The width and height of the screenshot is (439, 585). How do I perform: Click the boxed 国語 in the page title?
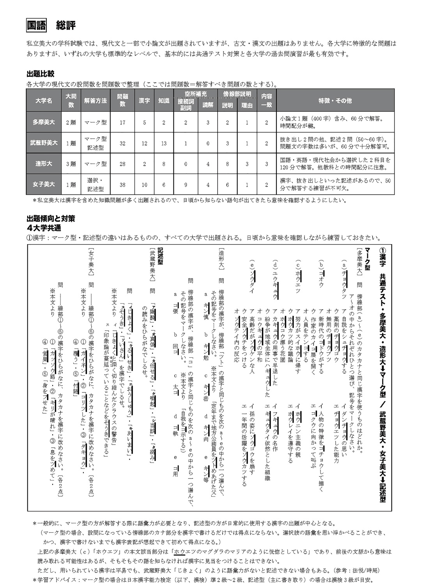(36, 25)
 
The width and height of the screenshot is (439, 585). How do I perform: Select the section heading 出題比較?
(41, 74)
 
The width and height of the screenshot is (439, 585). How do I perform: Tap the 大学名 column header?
(44, 101)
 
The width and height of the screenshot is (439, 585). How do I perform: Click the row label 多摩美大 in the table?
(44, 122)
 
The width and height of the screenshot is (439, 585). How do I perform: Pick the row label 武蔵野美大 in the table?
(44, 143)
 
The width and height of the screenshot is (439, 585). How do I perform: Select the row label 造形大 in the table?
(44, 164)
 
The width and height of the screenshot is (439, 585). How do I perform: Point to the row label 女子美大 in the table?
(44, 184)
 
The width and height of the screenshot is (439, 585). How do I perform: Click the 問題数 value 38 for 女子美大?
(122, 184)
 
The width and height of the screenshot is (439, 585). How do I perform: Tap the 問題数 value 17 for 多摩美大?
(122, 122)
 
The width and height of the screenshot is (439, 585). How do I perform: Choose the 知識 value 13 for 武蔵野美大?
(164, 143)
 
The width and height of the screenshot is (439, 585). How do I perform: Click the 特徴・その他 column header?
(335, 101)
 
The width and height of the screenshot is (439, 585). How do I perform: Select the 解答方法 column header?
(96, 101)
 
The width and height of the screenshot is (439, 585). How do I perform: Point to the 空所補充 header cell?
(196, 94)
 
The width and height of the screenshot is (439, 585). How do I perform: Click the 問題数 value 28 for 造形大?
(122, 164)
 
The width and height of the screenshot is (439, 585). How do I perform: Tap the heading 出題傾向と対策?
(51, 219)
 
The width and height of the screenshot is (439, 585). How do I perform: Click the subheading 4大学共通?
(44, 228)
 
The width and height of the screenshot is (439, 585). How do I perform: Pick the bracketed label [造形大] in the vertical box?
(222, 258)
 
